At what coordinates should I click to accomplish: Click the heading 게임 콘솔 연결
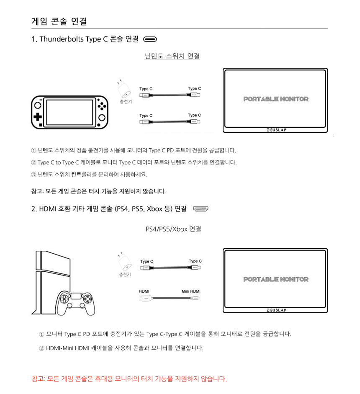(59, 21)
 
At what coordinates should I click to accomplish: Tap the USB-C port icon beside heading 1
(150, 39)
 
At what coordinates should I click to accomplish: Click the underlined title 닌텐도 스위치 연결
(172, 56)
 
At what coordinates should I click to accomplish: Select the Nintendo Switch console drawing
(69, 112)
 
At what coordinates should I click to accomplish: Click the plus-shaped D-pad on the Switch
(38, 116)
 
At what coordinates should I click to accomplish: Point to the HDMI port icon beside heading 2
(201, 209)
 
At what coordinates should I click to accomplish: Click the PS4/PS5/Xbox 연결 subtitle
(173, 229)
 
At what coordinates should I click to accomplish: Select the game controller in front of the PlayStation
(75, 303)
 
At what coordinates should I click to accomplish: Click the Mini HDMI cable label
(191, 291)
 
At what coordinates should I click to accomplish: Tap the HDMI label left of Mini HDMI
(144, 291)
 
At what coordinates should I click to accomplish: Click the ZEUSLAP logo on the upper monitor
(276, 130)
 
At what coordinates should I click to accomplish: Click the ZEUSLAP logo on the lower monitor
(276, 310)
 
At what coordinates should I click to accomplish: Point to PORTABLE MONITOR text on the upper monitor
(276, 99)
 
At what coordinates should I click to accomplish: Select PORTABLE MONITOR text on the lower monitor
(276, 279)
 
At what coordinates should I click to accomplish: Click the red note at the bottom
(129, 379)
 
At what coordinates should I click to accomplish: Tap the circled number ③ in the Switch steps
(33, 175)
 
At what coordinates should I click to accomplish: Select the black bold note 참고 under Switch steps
(98, 191)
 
